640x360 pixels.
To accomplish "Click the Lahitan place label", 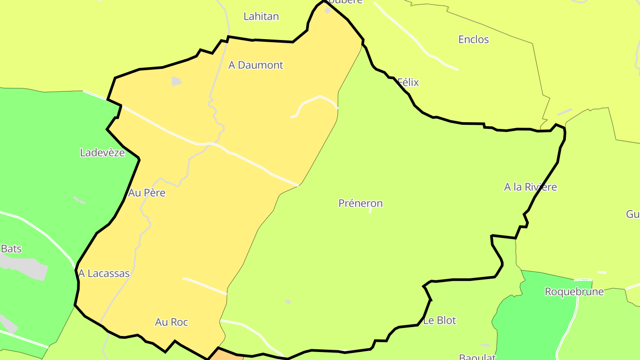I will pyautogui.click(x=261, y=16).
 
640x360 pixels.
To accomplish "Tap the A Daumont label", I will pyautogui.click(x=256, y=65).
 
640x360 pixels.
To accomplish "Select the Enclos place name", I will pyautogui.click(x=473, y=40).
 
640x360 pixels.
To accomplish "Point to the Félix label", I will pyautogui.click(x=408, y=82).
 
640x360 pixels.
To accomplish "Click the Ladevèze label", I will pyautogui.click(x=102, y=153).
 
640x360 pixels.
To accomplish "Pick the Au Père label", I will pyautogui.click(x=147, y=193).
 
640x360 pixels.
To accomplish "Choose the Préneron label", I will pyautogui.click(x=360, y=204).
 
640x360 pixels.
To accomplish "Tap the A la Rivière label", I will pyautogui.click(x=530, y=187).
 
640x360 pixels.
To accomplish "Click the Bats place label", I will pyautogui.click(x=11, y=249).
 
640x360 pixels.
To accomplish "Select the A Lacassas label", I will pyautogui.click(x=104, y=274).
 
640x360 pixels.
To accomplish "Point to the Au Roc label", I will pyautogui.click(x=172, y=322).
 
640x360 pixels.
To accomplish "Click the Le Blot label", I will pyautogui.click(x=440, y=320).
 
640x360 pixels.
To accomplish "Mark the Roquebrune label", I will pyautogui.click(x=574, y=292).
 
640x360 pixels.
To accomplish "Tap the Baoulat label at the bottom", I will pyautogui.click(x=477, y=357).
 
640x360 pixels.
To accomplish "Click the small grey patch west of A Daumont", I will pyautogui.click(x=176, y=81).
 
